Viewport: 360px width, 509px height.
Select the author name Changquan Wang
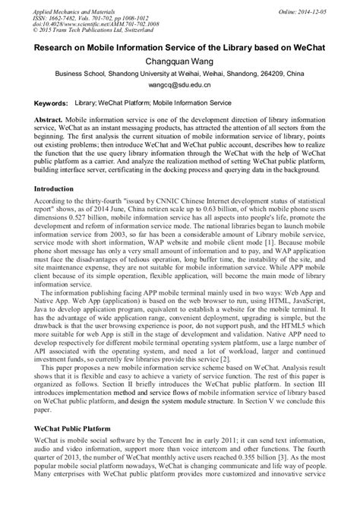pos(180,63)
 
